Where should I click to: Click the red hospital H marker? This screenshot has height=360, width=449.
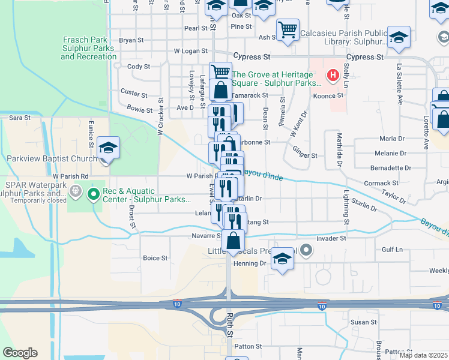point(331,76)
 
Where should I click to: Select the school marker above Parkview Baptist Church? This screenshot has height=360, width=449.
point(108,147)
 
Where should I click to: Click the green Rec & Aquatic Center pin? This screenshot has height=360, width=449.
point(93,194)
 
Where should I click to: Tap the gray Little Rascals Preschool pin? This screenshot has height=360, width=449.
point(306,249)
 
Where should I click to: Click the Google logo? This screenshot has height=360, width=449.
point(20,353)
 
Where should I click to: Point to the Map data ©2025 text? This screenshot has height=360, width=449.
point(423,355)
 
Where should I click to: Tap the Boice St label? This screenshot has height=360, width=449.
point(155,258)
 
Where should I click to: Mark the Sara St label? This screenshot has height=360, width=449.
point(20,118)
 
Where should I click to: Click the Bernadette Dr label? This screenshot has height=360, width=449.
point(391,168)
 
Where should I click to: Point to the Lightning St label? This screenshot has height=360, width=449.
point(346,204)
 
